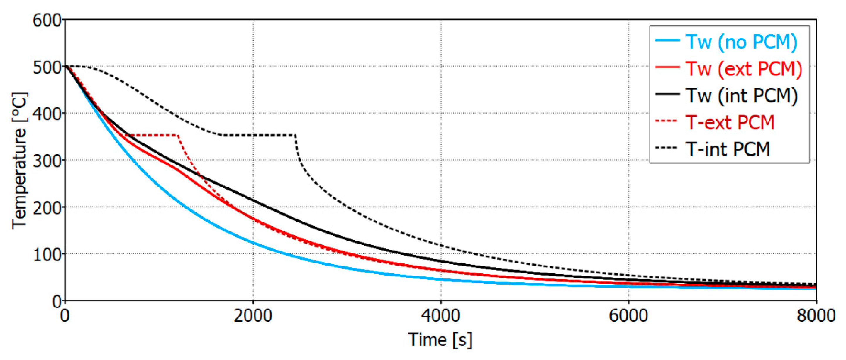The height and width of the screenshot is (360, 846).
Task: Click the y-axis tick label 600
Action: (47, 21)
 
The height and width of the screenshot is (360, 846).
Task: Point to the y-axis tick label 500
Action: (47, 68)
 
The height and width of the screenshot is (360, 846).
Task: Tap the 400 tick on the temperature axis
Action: (47, 114)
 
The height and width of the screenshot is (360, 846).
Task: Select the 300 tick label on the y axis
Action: (47, 161)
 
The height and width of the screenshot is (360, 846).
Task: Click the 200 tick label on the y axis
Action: (47, 208)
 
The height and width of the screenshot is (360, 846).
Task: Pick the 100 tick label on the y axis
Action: (47, 255)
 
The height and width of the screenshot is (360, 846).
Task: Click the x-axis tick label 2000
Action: (252, 316)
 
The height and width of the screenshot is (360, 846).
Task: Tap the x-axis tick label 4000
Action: (440, 316)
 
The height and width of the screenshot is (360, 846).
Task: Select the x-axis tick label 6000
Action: (628, 316)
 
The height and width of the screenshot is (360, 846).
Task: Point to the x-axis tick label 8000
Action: (816, 316)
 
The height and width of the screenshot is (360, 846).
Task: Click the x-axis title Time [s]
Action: (440, 340)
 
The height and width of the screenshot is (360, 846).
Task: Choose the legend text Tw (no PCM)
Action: (741, 42)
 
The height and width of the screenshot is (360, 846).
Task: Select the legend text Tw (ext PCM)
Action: (744, 69)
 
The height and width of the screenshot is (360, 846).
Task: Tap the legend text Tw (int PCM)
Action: (741, 96)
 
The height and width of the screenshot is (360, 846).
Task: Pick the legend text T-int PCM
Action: (728, 149)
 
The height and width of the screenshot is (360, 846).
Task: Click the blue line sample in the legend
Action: (667, 40)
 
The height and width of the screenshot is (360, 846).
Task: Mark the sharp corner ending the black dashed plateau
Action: (295, 135)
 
